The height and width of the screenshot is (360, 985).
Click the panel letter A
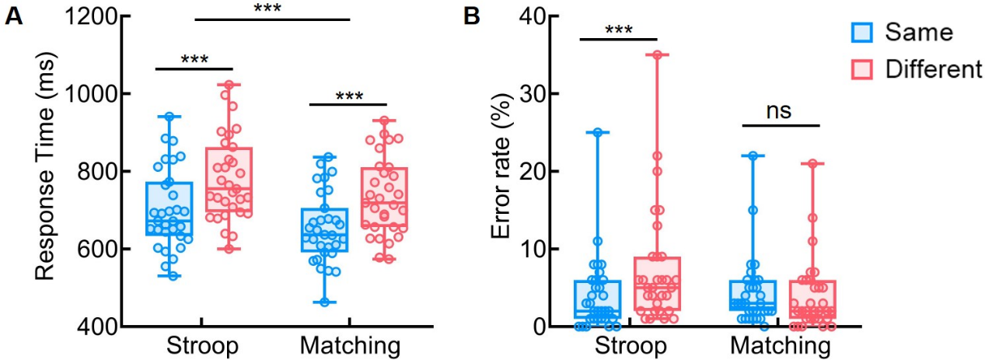tap(13, 16)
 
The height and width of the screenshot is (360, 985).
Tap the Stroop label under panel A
tap(201, 344)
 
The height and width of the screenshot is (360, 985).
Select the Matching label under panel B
tap(777, 344)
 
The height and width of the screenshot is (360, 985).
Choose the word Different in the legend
tap(934, 69)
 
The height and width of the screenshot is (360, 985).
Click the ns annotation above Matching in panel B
tap(780, 110)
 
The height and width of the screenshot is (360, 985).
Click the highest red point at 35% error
tap(657, 55)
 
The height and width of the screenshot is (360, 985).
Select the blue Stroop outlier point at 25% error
tap(598, 132)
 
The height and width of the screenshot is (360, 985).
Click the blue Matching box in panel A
tap(325, 229)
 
